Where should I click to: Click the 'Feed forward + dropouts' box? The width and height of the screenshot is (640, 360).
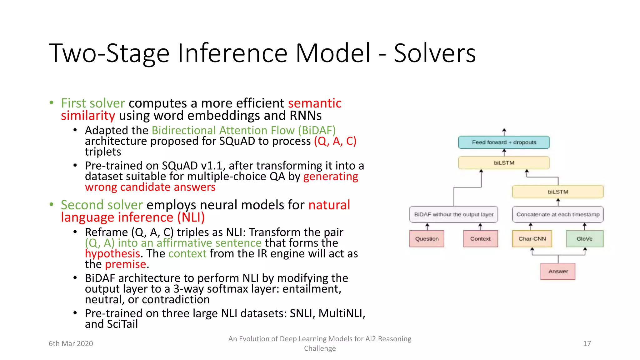(x=504, y=142)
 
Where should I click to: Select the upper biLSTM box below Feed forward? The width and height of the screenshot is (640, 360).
(x=504, y=163)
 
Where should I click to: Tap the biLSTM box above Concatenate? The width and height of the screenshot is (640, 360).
(x=558, y=192)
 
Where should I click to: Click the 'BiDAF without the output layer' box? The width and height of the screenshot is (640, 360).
(x=454, y=214)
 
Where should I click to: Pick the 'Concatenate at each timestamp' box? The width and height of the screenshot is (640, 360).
(x=558, y=214)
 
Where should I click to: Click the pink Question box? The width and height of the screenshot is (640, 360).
(x=427, y=239)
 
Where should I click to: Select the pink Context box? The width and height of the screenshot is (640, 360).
(x=480, y=239)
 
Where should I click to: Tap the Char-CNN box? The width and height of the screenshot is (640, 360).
(x=532, y=239)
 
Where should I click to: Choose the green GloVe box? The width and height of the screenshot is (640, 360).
(x=584, y=239)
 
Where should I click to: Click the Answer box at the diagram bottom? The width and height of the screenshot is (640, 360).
(x=558, y=271)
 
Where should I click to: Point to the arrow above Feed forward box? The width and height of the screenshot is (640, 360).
(x=504, y=132)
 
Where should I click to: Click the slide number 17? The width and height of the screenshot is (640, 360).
(x=587, y=343)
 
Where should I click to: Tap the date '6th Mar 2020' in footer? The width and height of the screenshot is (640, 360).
(x=71, y=343)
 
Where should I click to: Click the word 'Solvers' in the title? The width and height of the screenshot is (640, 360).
(x=434, y=53)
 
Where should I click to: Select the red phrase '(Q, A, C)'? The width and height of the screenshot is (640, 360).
(x=335, y=141)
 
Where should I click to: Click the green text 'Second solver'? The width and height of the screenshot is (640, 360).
(x=102, y=205)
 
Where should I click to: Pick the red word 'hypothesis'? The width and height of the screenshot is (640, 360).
(x=112, y=253)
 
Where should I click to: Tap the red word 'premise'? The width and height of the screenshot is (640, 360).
(x=126, y=264)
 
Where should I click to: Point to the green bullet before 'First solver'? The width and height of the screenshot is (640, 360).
(x=52, y=102)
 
